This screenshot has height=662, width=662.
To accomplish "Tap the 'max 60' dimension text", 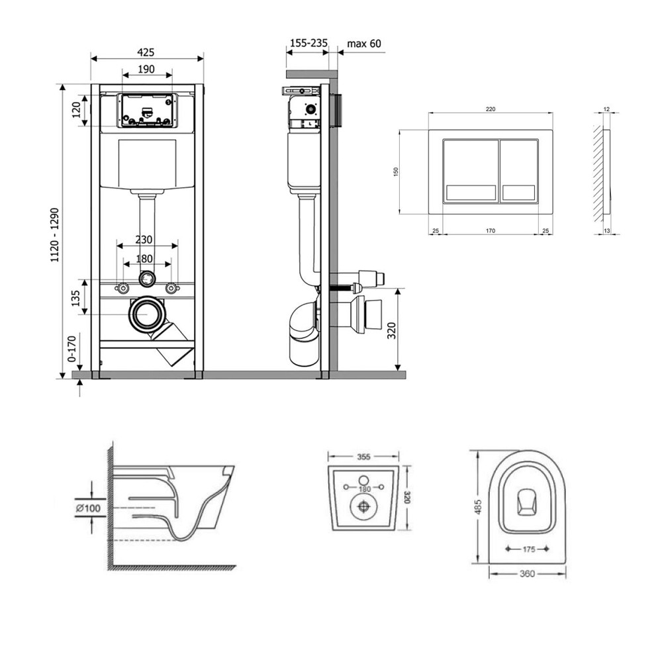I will click(x=364, y=44).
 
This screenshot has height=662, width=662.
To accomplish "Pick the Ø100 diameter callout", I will click(x=87, y=507).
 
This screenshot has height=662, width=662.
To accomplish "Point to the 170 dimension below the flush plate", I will click(x=491, y=231).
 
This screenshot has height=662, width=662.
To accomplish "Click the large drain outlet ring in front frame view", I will click(x=147, y=314).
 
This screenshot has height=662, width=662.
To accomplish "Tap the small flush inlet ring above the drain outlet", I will click(x=147, y=279).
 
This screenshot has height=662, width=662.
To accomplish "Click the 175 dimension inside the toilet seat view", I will click(x=527, y=549).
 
